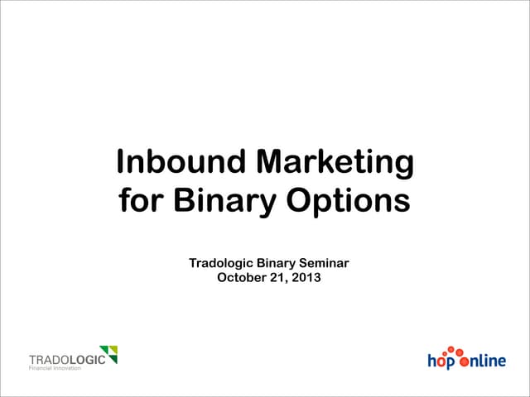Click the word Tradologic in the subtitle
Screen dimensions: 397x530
point(221,264)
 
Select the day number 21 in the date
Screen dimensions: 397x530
point(280,278)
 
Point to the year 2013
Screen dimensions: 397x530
point(306,278)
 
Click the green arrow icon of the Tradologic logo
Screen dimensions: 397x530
point(108,354)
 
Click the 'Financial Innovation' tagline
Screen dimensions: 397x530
point(55,368)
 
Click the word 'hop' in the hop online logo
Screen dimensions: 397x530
point(441,361)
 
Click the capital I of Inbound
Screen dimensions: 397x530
point(121,162)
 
